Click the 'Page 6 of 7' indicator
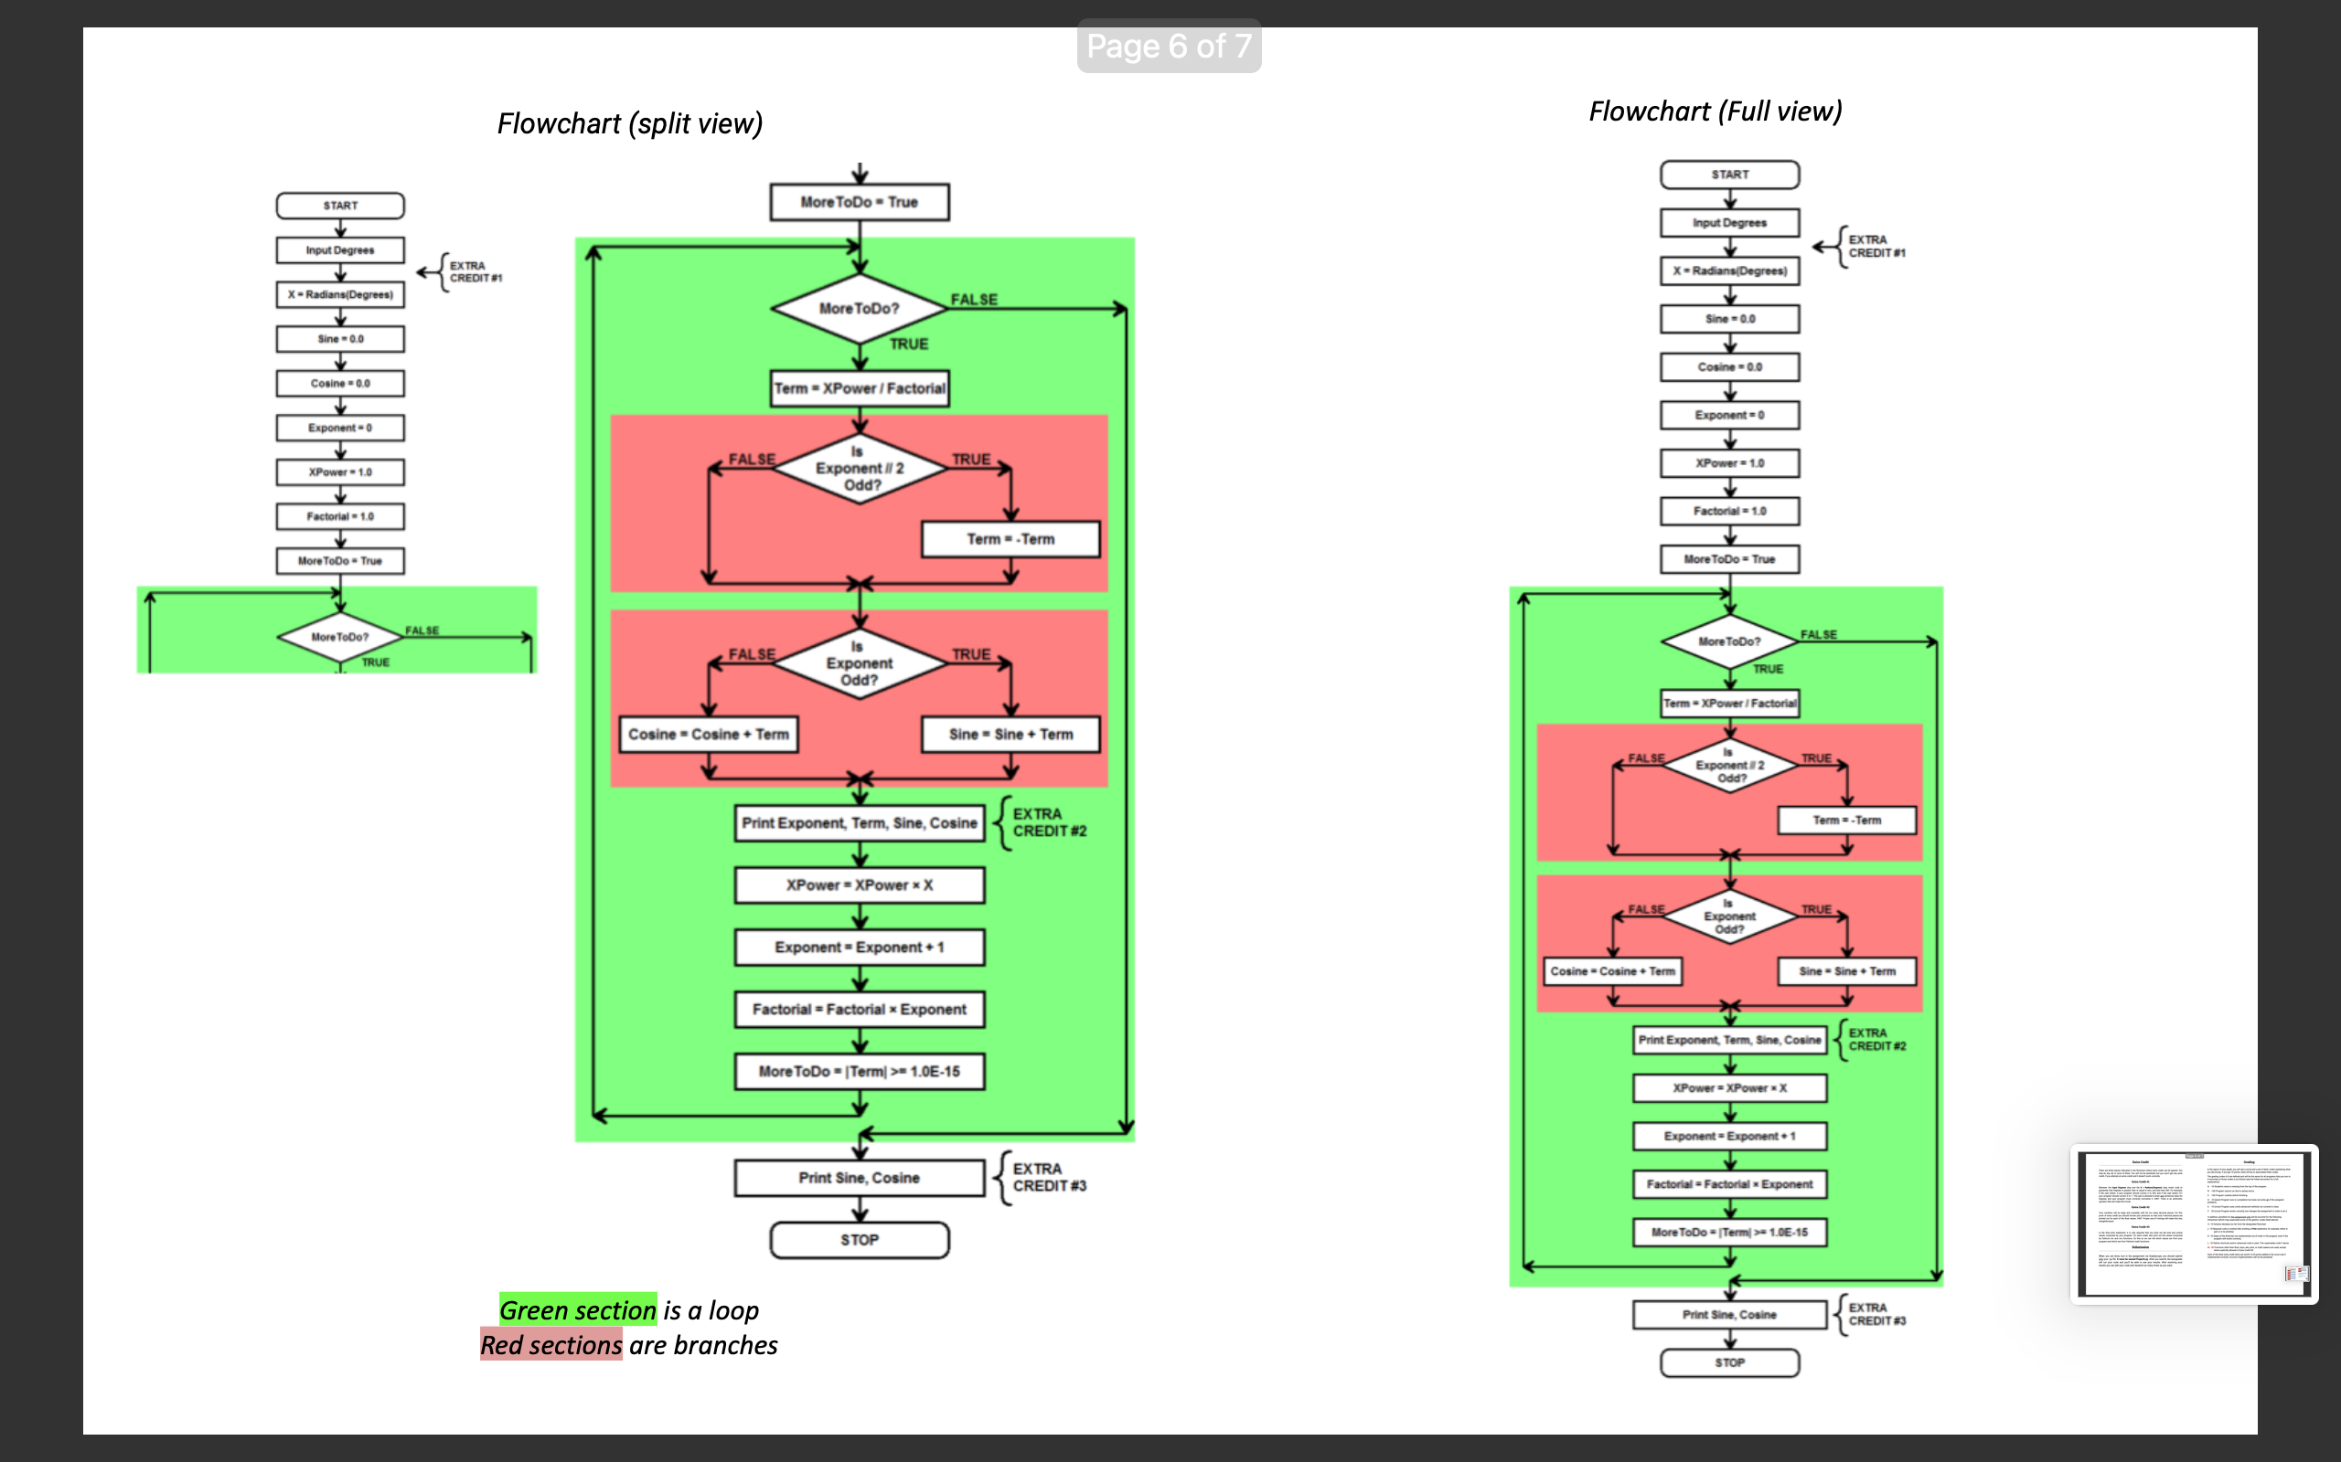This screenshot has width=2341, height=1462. click(x=1169, y=46)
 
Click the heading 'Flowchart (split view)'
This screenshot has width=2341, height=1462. click(x=630, y=123)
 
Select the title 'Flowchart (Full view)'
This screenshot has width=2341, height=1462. click(x=1715, y=111)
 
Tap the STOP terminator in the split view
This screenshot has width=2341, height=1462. click(x=859, y=1240)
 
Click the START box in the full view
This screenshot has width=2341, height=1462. click(x=1729, y=175)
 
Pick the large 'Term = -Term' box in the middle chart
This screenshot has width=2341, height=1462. click(x=1010, y=539)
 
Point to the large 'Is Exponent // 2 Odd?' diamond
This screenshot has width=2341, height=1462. click(x=859, y=469)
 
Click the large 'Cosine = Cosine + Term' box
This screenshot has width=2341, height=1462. click(x=708, y=735)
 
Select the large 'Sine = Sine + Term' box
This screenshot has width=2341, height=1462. click(x=1010, y=735)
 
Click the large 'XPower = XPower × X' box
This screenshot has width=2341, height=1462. click(x=859, y=885)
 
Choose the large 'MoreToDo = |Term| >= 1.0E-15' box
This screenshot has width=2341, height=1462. click(x=859, y=1071)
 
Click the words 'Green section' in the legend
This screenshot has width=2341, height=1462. click(x=578, y=1310)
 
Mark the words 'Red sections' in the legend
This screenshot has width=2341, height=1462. click(x=551, y=1345)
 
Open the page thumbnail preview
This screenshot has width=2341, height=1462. click(x=2193, y=1224)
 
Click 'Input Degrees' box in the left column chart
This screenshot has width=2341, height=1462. click(x=339, y=250)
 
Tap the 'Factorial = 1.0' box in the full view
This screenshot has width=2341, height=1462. click(x=1729, y=512)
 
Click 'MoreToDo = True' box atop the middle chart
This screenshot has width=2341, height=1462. click(x=859, y=202)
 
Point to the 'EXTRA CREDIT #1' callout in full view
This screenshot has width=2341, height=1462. click(x=1876, y=247)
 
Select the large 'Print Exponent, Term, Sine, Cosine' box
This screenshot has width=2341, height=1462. click(x=859, y=824)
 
